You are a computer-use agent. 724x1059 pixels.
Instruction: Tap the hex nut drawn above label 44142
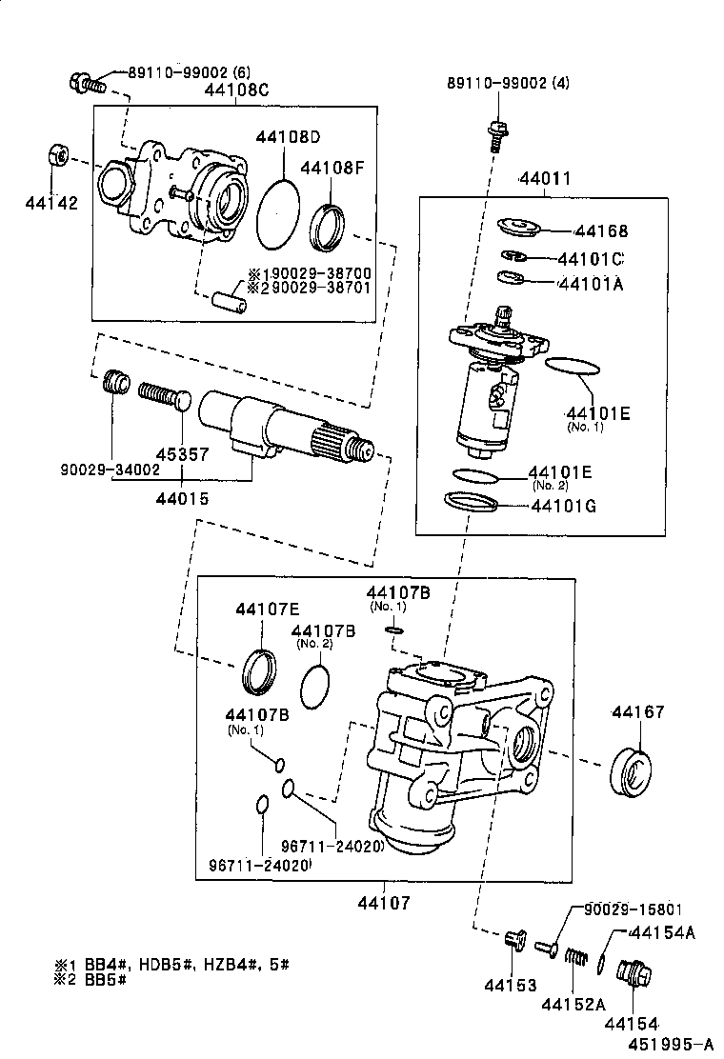(x=56, y=154)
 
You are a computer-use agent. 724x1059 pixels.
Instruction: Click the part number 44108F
(x=332, y=169)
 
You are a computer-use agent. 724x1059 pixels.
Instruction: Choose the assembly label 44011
(x=545, y=179)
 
